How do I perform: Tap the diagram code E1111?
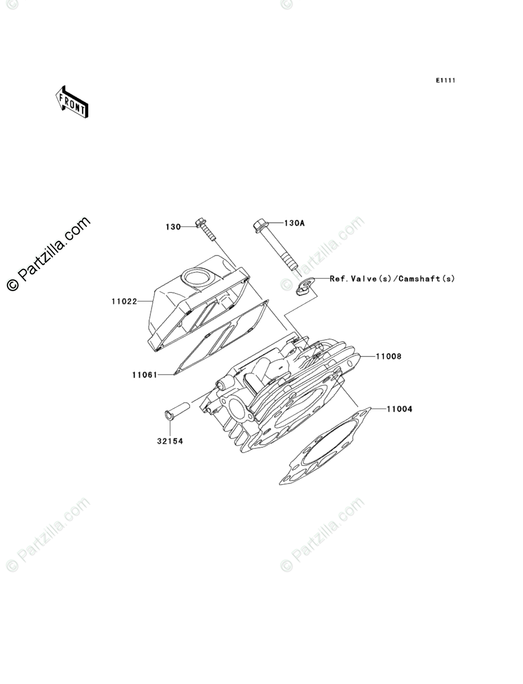click(x=445, y=80)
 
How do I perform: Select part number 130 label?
click(x=173, y=227)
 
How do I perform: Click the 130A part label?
click(x=295, y=223)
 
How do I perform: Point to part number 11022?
click(x=124, y=302)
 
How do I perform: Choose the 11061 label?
click(x=144, y=375)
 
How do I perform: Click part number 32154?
click(x=169, y=441)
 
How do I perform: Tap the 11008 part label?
click(x=388, y=355)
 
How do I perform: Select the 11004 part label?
click(x=399, y=409)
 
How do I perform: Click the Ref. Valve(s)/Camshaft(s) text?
click(x=392, y=279)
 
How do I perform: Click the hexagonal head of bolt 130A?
click(x=260, y=224)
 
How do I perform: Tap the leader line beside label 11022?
click(x=145, y=302)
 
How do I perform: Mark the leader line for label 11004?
click(x=378, y=409)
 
